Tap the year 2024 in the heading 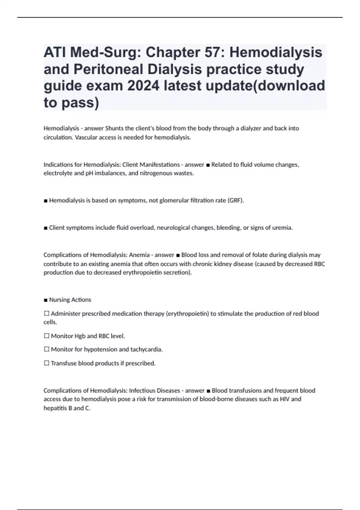[x=143, y=86]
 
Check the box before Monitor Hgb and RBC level [x=46, y=336]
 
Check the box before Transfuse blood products [x=46, y=363]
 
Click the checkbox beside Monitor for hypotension [x=46, y=349]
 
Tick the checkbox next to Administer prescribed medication [x=46, y=313]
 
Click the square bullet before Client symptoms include [x=46, y=228]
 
